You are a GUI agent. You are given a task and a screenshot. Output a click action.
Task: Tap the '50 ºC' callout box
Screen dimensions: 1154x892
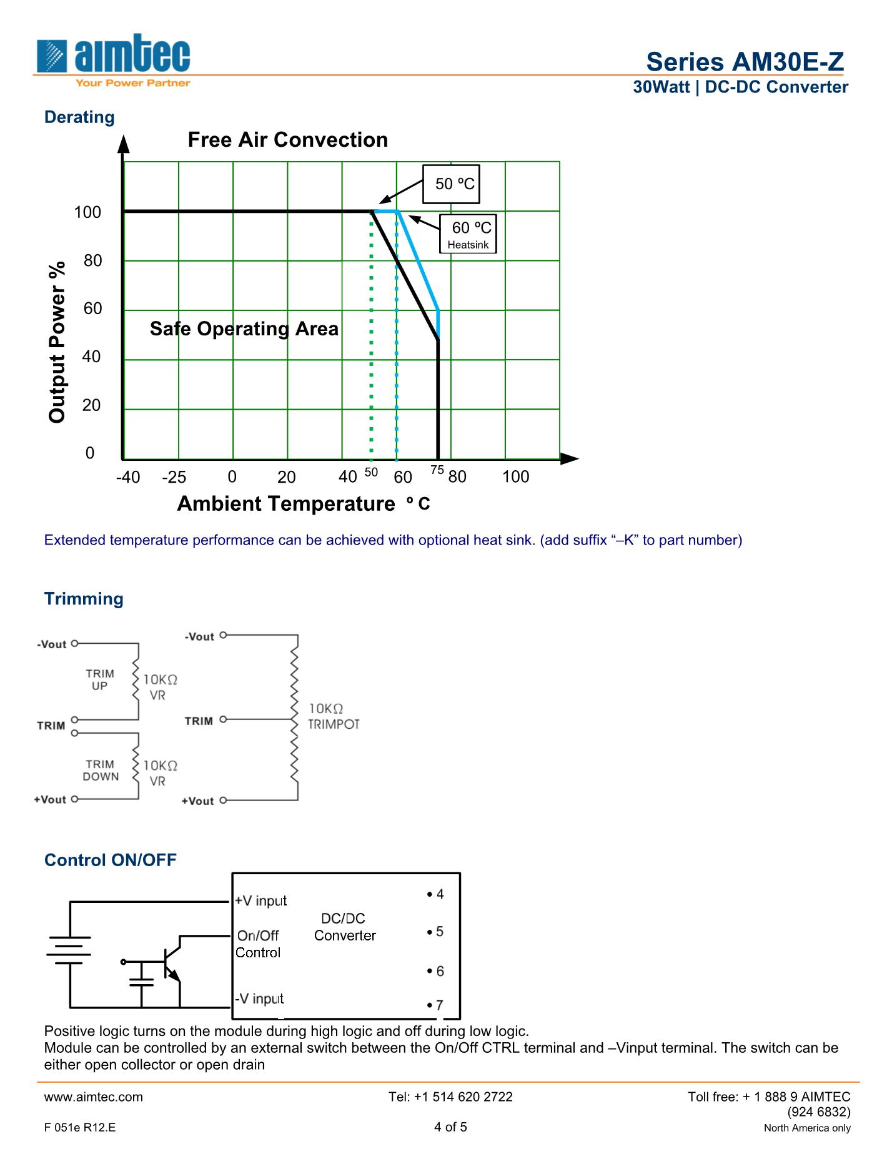451,184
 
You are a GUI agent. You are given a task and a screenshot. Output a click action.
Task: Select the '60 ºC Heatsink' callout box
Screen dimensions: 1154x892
468,234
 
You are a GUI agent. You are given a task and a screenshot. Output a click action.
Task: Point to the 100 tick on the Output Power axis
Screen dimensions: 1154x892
87,212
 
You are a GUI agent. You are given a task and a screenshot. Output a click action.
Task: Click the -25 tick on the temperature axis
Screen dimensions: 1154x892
174,477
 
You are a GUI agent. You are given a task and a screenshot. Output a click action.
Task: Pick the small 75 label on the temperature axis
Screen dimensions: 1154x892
437,470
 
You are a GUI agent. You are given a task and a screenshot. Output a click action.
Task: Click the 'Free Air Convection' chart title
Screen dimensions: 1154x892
287,140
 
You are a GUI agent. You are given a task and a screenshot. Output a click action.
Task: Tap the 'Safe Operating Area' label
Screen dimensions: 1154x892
244,329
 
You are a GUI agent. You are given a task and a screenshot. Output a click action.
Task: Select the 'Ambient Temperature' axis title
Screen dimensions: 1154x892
286,503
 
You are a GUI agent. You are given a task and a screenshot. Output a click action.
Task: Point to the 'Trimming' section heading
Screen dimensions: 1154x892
84,599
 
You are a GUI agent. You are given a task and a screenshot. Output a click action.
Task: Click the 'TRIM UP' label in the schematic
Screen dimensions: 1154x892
100,679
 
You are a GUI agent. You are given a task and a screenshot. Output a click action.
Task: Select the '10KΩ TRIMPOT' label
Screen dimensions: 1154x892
334,716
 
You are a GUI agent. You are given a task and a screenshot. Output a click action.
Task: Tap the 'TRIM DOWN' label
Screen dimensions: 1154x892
101,770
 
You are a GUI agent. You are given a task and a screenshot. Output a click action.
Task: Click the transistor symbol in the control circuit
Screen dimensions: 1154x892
170,962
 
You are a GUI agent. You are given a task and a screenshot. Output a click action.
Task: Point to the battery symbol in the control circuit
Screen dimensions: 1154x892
69,950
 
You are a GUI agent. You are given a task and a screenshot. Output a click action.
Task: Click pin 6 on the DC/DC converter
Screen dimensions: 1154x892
437,971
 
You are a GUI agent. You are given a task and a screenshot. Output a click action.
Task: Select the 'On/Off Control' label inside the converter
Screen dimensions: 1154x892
258,944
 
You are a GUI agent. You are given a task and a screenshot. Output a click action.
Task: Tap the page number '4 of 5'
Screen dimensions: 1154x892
450,1127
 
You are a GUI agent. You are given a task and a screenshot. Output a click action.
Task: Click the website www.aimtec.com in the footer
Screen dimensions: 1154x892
94,1097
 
